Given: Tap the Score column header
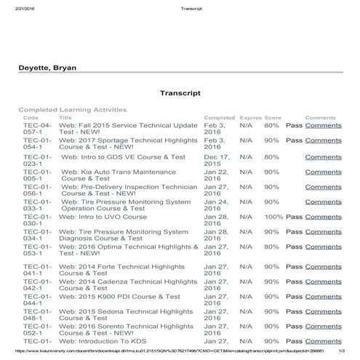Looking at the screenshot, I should tap(273, 117).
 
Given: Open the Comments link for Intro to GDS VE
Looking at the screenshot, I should tap(323, 156).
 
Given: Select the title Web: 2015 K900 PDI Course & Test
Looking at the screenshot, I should tap(120, 297).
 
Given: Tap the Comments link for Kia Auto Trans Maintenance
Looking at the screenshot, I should tap(323, 172).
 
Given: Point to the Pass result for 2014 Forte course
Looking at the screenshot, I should tap(294, 267).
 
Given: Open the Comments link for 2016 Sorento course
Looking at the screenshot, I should tap(323, 327).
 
